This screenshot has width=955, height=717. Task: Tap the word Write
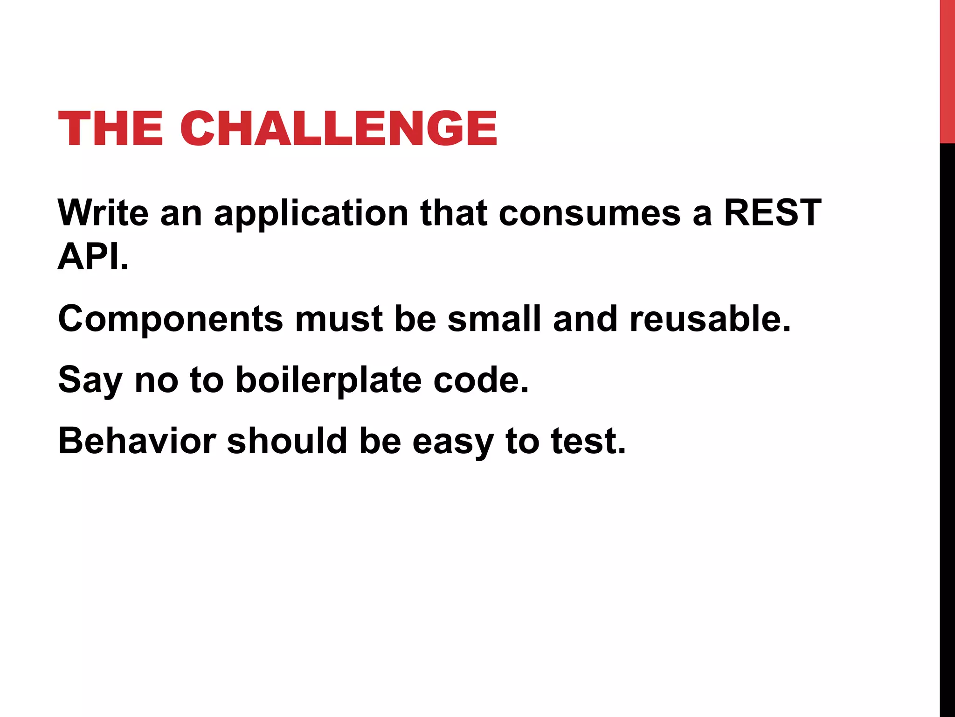(x=103, y=213)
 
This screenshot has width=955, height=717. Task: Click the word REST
(x=772, y=213)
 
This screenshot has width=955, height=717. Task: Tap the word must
(x=339, y=319)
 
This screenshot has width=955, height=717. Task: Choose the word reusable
(x=710, y=319)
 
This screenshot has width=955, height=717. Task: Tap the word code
(x=481, y=380)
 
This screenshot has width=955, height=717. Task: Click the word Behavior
(x=137, y=441)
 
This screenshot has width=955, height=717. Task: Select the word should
(x=287, y=441)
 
